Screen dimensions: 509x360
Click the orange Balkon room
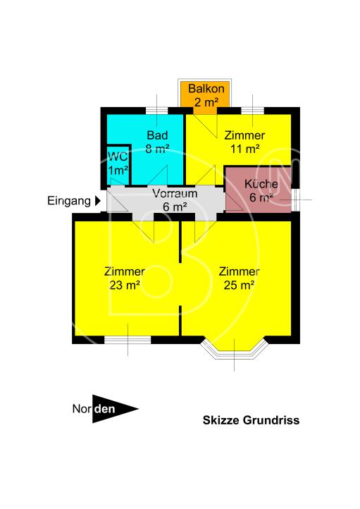tap(206, 96)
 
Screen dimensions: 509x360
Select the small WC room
tap(117, 163)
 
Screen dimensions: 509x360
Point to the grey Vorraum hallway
tap(169, 200)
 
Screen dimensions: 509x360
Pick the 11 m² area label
tap(244, 149)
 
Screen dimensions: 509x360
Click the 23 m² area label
tap(124, 286)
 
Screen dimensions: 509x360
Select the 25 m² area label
tap(238, 286)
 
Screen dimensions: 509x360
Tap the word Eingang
tap(68, 201)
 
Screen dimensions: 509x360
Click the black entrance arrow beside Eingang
tap(98, 201)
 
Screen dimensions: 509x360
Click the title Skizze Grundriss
tap(251, 420)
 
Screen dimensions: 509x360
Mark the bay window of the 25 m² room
tap(235, 350)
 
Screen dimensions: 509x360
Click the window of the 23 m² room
tap(128, 339)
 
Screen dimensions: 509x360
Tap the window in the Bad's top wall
tap(156, 110)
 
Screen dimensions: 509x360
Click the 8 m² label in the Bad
tap(155, 149)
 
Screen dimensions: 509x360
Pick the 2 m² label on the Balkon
tap(206, 102)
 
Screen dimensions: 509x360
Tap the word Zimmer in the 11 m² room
tap(244, 135)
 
